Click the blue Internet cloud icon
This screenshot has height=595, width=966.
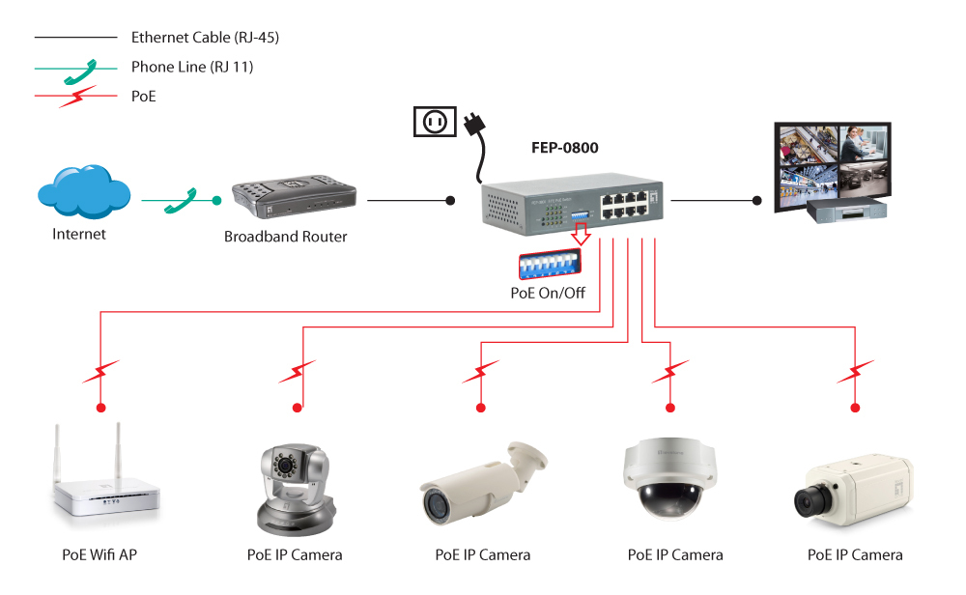click(x=83, y=193)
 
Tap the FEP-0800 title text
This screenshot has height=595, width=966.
click(x=565, y=148)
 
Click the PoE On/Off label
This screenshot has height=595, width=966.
click(x=548, y=293)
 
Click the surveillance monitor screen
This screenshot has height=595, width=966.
click(x=834, y=162)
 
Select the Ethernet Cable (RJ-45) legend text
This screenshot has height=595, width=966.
click(x=205, y=38)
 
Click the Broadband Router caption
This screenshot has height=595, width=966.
click(x=285, y=236)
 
